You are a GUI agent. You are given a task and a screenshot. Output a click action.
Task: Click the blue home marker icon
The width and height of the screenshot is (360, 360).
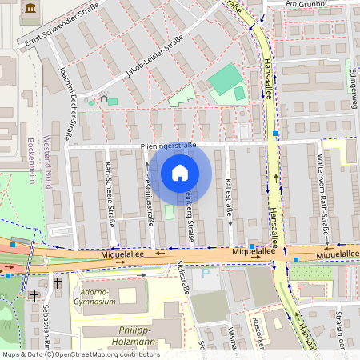[x=180, y=173]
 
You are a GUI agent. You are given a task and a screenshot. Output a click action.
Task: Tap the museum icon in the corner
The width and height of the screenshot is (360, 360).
[x=30, y=7]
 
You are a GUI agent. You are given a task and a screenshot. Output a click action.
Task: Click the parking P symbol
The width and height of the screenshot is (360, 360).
[x=206, y=273]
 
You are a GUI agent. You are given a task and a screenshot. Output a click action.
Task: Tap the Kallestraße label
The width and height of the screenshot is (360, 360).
[x=229, y=194]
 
